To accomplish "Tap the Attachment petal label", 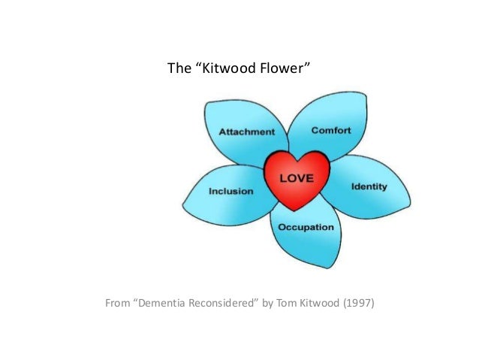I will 247,132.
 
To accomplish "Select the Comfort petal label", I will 331,131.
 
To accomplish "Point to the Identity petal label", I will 369,186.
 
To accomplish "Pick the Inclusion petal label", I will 231,191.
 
